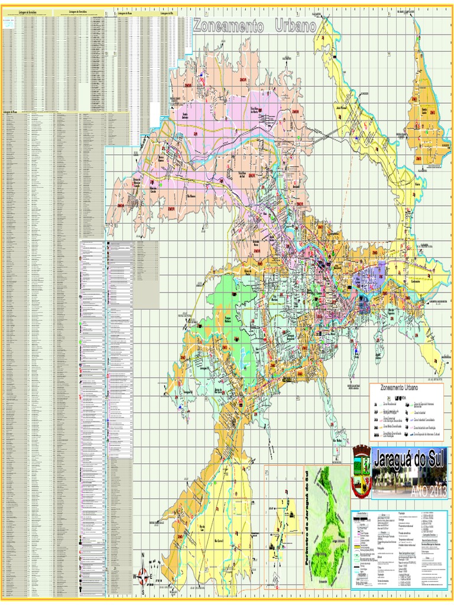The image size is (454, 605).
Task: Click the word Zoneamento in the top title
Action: [x=228, y=25]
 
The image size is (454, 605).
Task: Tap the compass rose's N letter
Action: [x=142, y=555]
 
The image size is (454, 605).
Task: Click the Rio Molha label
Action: [x=339, y=441]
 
